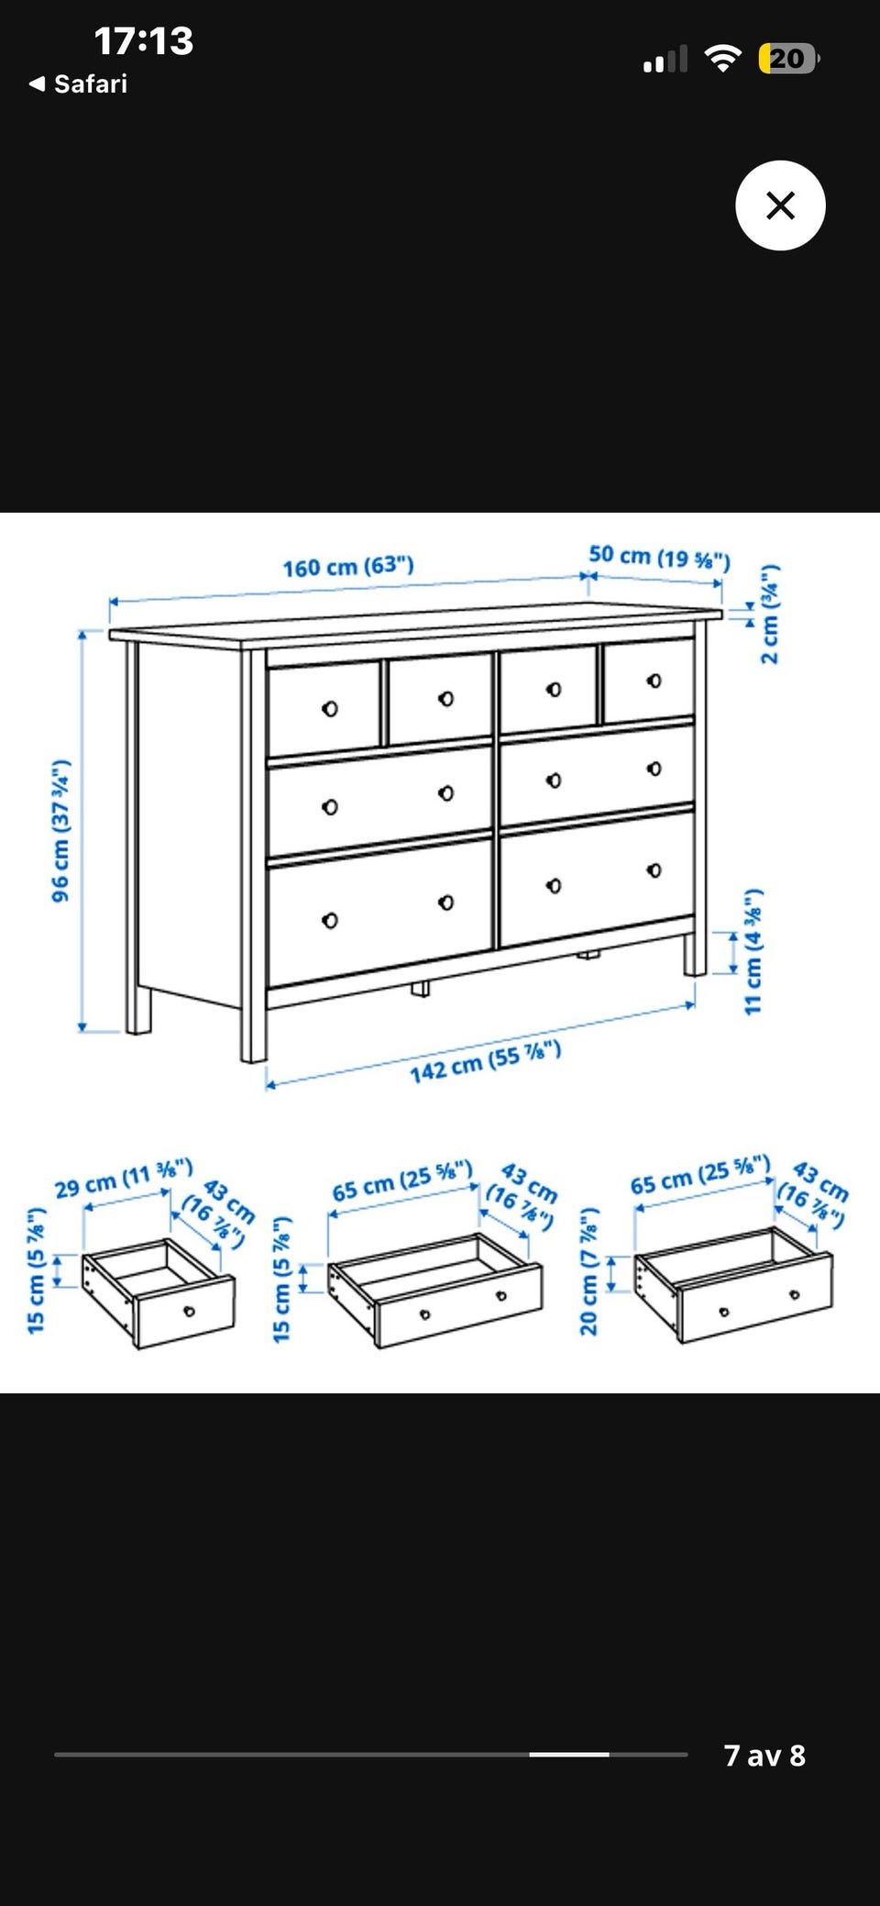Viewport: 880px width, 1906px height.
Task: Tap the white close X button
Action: [x=780, y=205]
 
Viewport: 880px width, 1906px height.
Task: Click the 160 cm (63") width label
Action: [x=348, y=567]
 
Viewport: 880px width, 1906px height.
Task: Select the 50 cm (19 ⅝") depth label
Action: [x=659, y=557]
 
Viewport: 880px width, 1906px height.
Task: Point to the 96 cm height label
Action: [x=60, y=830]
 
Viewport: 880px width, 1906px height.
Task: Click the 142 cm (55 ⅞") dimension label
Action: [x=485, y=1061]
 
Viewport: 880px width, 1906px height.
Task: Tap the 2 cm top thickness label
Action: [x=770, y=614]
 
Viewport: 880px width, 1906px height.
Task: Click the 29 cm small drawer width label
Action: [x=124, y=1179]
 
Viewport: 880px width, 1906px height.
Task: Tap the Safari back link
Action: [x=79, y=84]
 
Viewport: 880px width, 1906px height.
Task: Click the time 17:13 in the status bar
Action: [x=144, y=41]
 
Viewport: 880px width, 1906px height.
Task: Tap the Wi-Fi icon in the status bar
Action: [x=722, y=59]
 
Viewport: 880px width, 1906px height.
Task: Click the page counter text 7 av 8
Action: [x=764, y=1755]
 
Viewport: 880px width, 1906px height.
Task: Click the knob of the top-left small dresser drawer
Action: [x=330, y=708]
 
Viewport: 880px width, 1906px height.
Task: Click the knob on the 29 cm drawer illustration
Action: [x=189, y=1311]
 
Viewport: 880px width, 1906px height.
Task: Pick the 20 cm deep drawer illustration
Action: [x=733, y=1284]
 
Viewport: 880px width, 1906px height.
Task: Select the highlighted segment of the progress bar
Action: [x=569, y=1754]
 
